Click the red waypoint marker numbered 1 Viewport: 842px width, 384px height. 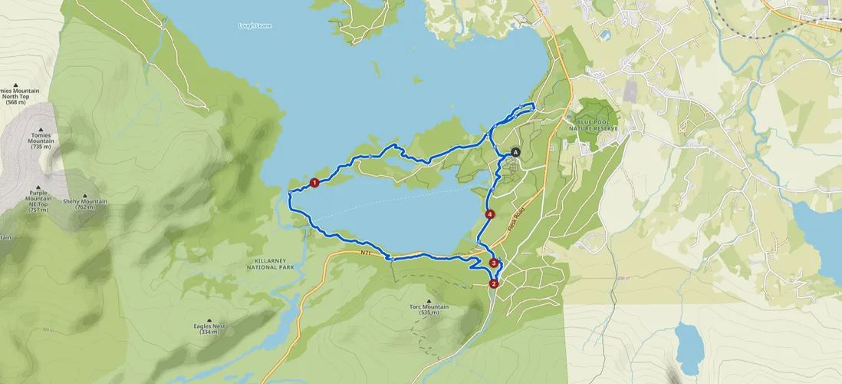[x=314, y=183]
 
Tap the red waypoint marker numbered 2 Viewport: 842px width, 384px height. [x=493, y=283]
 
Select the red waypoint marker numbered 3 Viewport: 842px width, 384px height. [x=493, y=263]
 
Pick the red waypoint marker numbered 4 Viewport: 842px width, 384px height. [x=489, y=214]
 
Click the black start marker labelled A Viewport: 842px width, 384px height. [x=515, y=152]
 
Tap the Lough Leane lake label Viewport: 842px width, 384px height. [x=255, y=26]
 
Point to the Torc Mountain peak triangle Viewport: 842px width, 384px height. [x=429, y=300]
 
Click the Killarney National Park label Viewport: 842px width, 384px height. [x=271, y=264]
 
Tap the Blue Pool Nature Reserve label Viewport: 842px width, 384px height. [x=597, y=124]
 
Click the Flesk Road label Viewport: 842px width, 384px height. [x=518, y=220]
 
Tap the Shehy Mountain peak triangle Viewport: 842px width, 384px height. [x=84, y=195]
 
